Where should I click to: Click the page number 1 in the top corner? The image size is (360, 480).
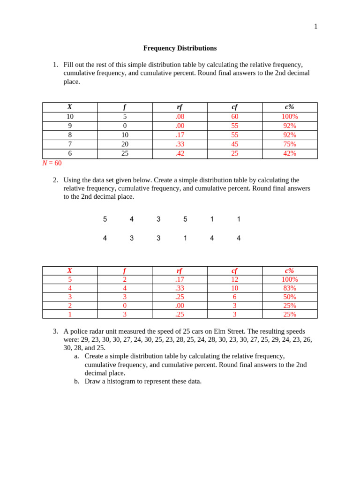315,27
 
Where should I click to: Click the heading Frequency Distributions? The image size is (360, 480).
180,48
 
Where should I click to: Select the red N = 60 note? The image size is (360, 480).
52,163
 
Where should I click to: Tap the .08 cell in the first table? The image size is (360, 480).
180,117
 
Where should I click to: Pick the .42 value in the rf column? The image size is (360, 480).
180,153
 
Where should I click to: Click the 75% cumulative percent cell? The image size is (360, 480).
289,144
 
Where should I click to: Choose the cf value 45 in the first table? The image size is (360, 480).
234,144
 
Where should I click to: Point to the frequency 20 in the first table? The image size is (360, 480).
125,144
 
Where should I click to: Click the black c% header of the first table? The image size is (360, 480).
289,107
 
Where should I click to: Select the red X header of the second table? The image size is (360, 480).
70,270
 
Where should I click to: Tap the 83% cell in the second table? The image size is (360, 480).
289,288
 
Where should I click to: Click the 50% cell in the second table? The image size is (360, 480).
289,297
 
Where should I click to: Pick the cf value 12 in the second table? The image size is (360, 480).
234,279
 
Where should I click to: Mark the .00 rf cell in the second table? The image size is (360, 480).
180,306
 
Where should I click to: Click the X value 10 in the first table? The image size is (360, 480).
70,117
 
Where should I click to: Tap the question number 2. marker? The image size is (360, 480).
55,180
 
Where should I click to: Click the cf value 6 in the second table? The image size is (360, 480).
234,297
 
